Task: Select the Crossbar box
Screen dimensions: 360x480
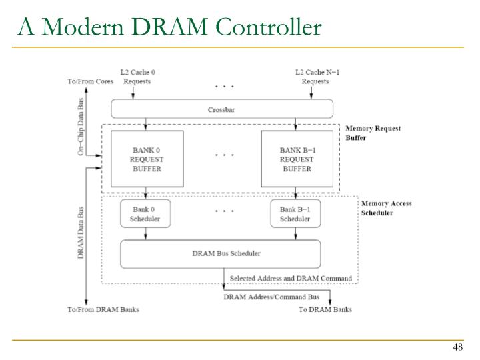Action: point(221,108)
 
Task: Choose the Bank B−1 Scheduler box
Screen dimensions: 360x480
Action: point(295,213)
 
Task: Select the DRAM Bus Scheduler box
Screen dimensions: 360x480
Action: point(221,253)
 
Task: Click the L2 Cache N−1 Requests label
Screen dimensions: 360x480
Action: point(315,77)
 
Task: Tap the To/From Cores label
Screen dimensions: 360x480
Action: point(91,81)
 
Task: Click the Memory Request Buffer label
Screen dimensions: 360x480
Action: point(373,133)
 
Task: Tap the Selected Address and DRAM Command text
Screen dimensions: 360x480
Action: point(290,278)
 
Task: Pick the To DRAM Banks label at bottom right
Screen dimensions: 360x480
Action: point(325,310)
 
